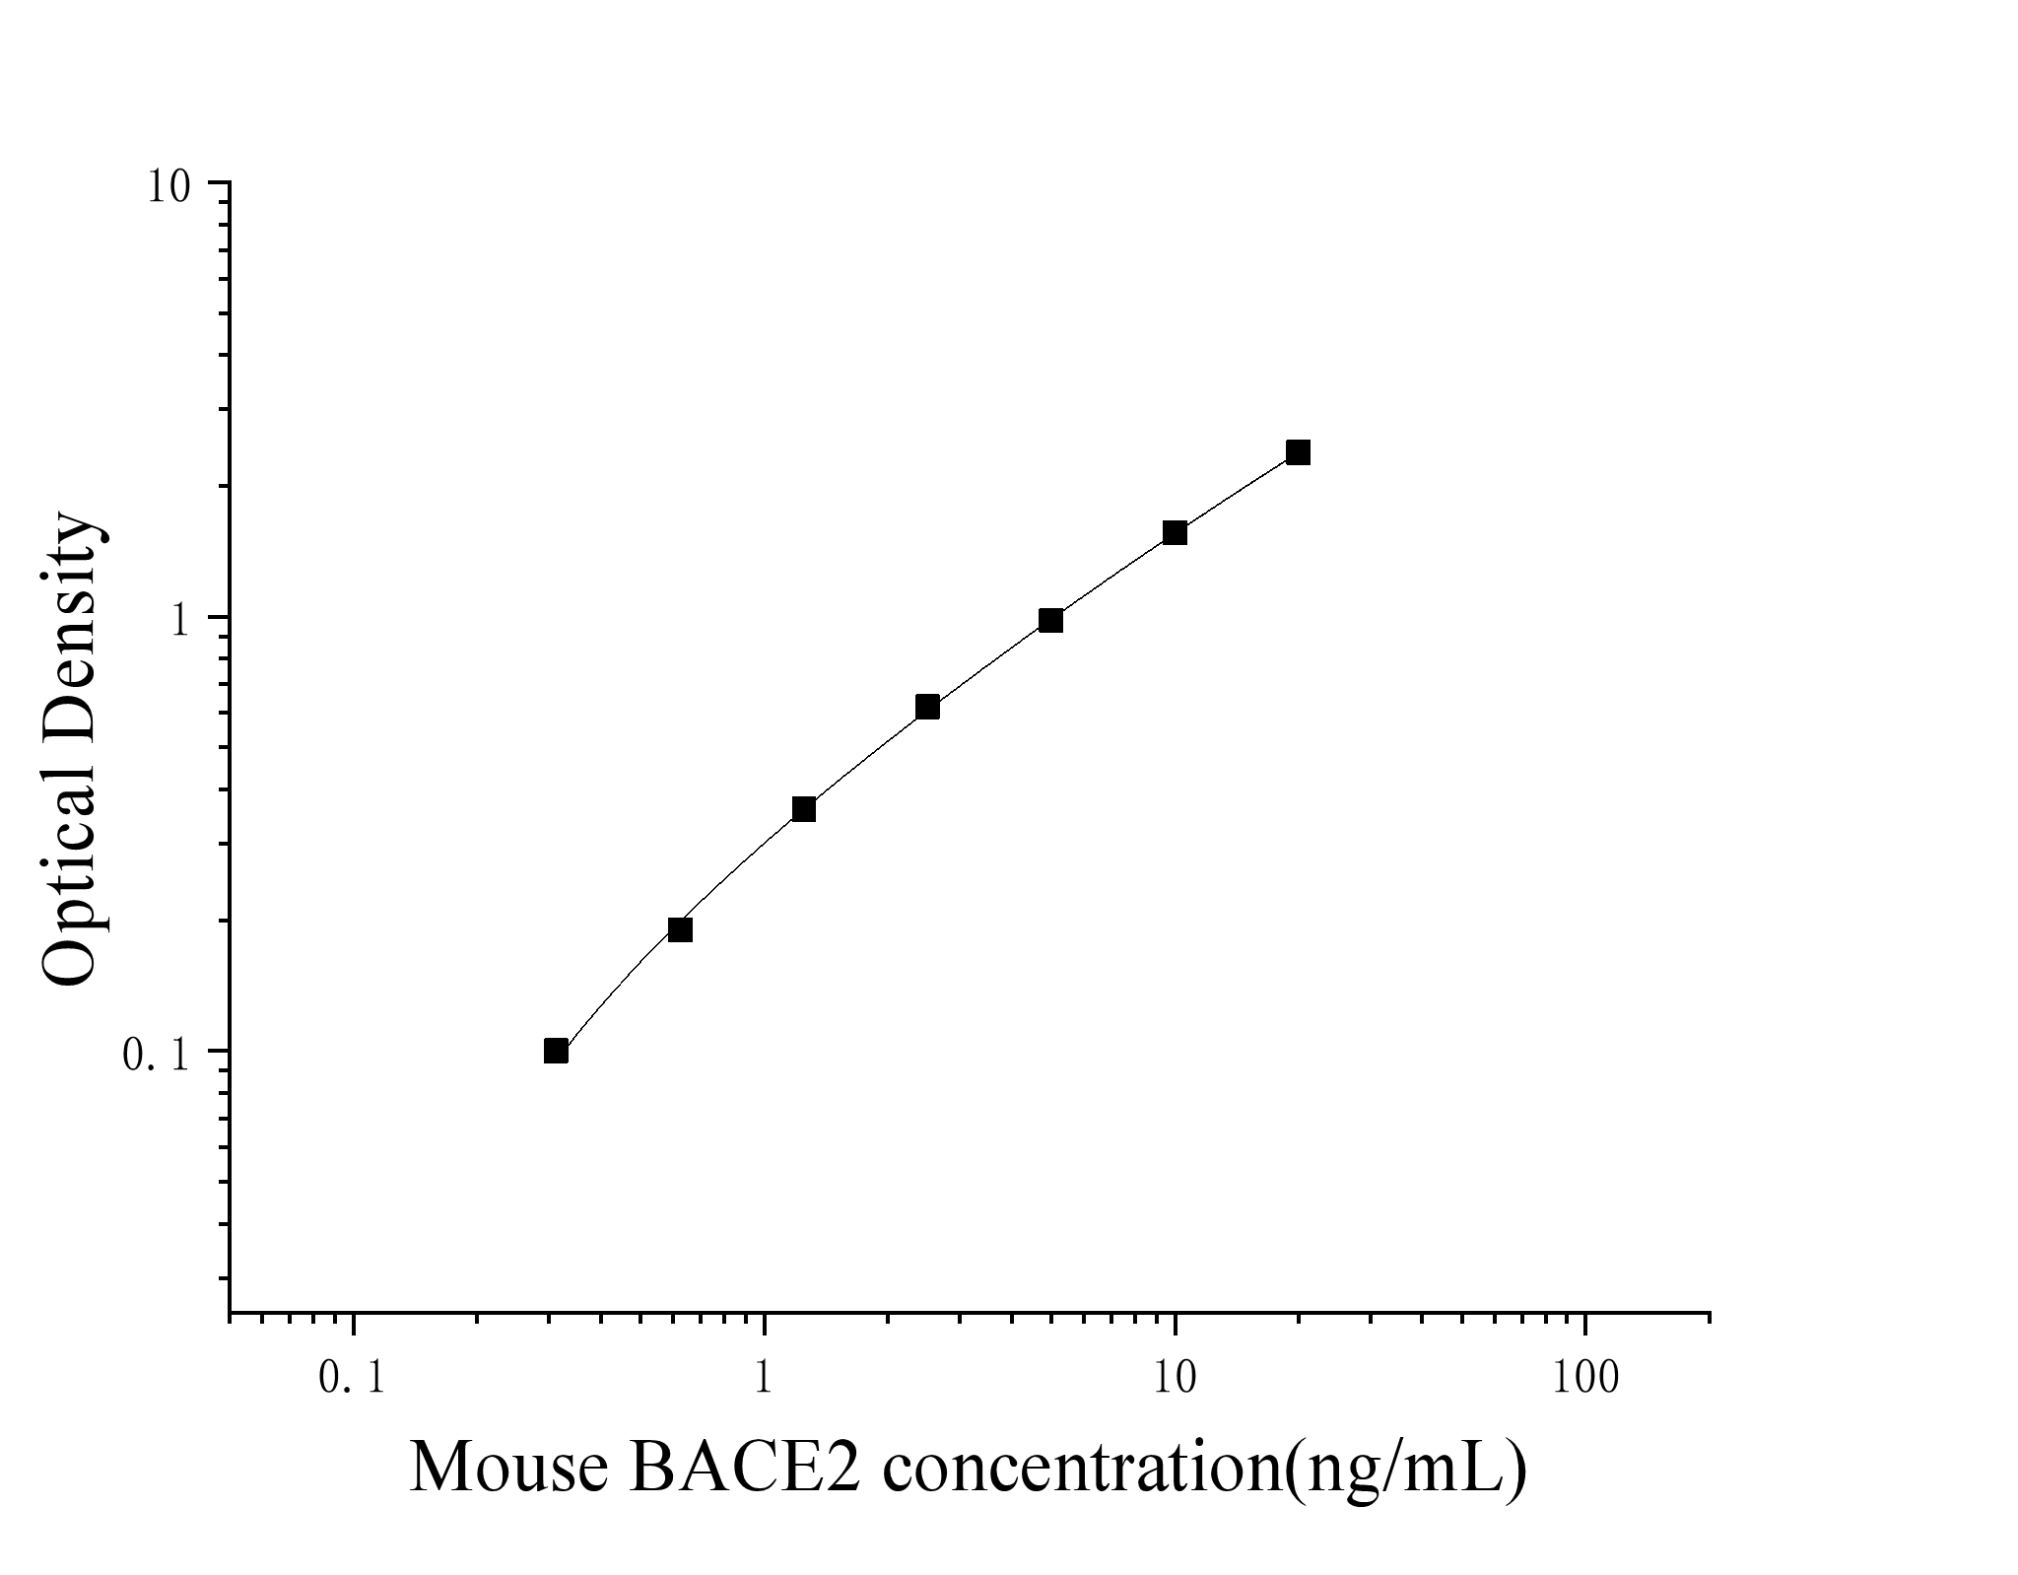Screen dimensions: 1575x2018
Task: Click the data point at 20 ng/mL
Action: pos(1298,452)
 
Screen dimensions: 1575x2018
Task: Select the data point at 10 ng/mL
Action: pos(1175,533)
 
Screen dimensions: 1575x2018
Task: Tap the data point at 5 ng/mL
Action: pos(1050,620)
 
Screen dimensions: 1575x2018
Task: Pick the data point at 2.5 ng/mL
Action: pos(927,707)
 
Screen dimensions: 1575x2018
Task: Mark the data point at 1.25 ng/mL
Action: pos(803,809)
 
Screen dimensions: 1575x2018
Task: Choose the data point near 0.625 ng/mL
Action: pos(680,929)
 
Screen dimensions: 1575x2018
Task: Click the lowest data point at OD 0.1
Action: pos(556,1051)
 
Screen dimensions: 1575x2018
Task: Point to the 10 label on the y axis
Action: pos(168,185)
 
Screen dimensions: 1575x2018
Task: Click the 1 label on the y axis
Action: pos(180,620)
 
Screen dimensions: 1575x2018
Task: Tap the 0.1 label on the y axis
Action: pos(156,1055)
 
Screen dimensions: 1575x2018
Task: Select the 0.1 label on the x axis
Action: pos(352,1379)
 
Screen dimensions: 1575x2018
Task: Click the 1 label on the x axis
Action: pos(764,1379)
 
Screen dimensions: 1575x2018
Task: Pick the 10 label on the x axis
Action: pos(1174,1379)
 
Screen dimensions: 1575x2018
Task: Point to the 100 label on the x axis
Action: pos(1584,1379)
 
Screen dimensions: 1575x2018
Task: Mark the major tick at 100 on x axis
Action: pos(1585,1322)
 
